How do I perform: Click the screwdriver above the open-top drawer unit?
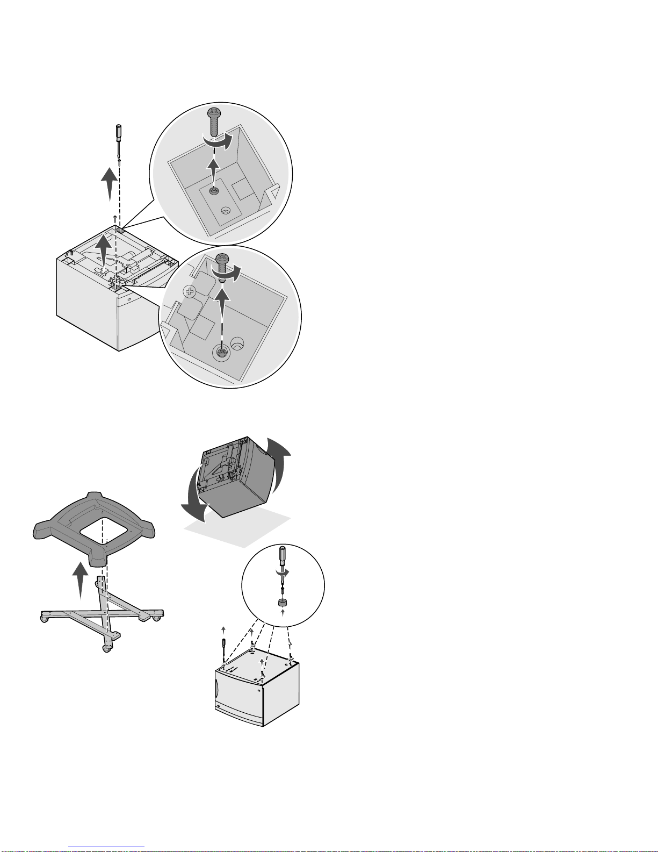[119, 139]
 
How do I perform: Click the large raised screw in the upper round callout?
[214, 121]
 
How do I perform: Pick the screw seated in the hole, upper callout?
[214, 191]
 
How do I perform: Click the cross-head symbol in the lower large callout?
[189, 292]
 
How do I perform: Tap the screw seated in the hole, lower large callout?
[221, 352]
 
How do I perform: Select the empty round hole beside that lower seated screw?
[237, 343]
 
